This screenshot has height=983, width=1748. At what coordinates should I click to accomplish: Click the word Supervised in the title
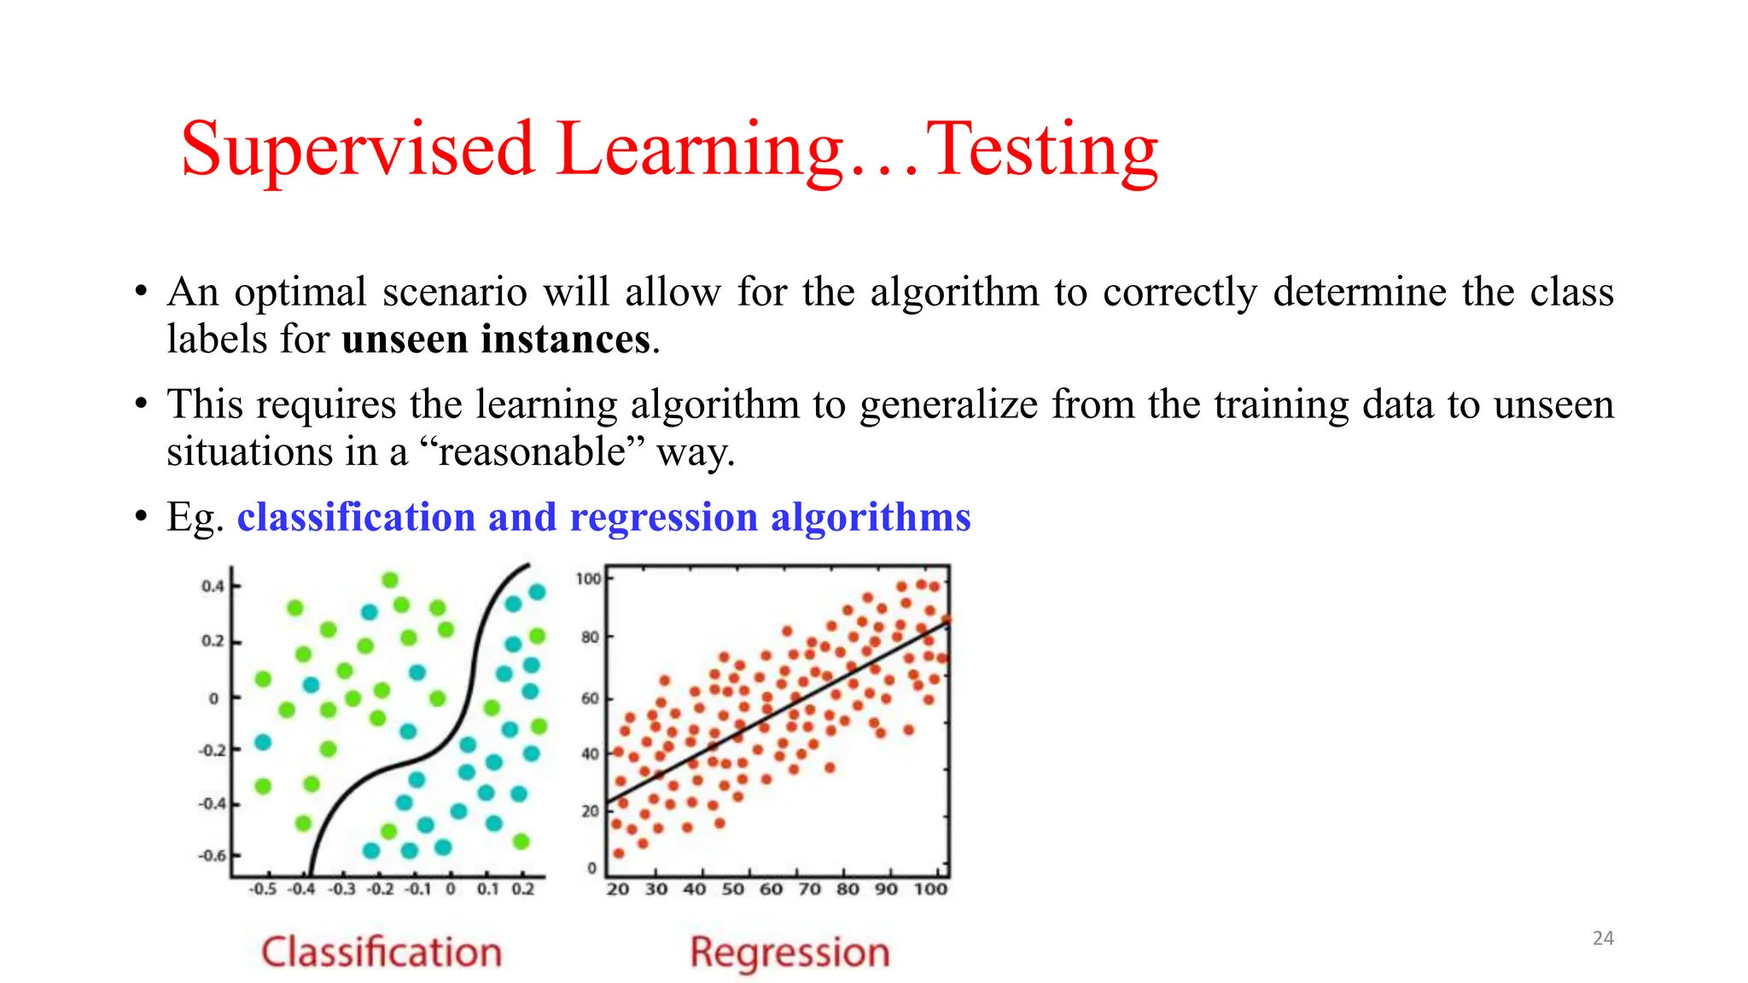click(x=358, y=152)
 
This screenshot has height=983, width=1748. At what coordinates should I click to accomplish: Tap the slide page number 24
click(x=1603, y=938)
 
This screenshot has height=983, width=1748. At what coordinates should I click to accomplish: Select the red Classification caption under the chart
click(x=382, y=952)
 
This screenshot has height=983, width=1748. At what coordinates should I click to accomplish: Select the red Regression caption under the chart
click(x=790, y=952)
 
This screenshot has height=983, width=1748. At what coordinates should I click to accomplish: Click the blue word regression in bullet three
click(x=663, y=518)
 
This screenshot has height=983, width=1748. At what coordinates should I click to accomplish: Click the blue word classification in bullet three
click(x=355, y=518)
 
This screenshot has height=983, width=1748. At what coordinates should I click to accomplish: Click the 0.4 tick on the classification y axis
click(x=213, y=586)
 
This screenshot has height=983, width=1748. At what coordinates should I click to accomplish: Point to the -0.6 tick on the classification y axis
click(x=213, y=855)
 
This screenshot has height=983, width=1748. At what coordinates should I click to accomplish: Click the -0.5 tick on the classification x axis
click(x=263, y=889)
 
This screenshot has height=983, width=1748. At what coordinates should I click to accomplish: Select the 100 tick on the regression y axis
click(x=588, y=579)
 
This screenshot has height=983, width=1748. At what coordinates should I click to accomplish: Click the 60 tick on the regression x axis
click(x=771, y=889)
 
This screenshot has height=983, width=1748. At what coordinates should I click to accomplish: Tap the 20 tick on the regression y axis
click(x=590, y=811)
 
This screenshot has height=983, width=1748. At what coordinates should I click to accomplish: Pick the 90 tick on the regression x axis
click(x=886, y=889)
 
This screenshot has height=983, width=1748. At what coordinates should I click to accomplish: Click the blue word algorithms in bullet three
click(x=871, y=518)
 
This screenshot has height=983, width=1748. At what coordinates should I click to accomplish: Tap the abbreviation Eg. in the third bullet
click(x=195, y=518)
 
